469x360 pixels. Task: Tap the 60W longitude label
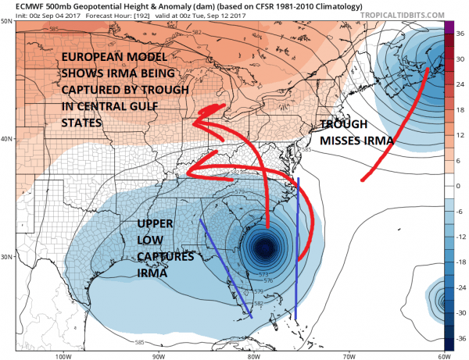(x=442, y=355)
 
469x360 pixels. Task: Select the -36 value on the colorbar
(x=460, y=338)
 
